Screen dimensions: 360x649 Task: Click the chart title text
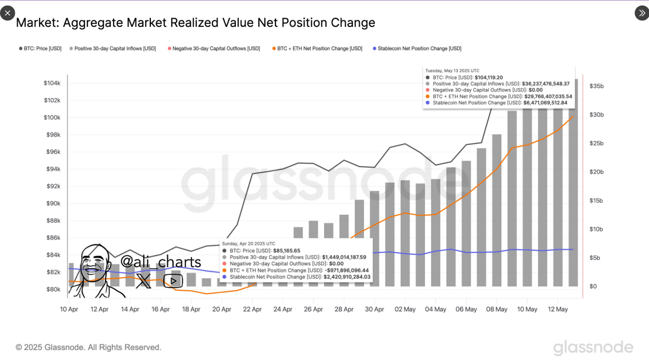pyautogui.click(x=195, y=23)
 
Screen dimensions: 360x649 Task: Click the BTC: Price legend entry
pyautogui.click(x=40, y=49)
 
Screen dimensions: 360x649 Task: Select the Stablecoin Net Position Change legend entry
pyautogui.click(x=417, y=49)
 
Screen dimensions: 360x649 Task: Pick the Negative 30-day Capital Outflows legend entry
pyautogui.click(x=214, y=49)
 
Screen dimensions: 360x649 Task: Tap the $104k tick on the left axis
pyautogui.click(x=52, y=83)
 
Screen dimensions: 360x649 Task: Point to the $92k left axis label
pyautogui.click(x=53, y=186)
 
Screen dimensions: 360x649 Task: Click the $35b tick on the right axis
pyautogui.click(x=596, y=86)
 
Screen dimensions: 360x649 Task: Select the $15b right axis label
pyautogui.click(x=596, y=200)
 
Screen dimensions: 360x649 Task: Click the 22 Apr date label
pyautogui.click(x=252, y=309)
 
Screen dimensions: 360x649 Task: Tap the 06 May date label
pyautogui.click(x=466, y=309)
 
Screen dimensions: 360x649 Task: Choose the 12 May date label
pyautogui.click(x=558, y=309)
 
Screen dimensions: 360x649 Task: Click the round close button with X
pyautogui.click(x=8, y=13)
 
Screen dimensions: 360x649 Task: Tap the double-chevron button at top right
pyautogui.click(x=641, y=13)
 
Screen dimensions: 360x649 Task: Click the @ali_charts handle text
pyautogui.click(x=161, y=262)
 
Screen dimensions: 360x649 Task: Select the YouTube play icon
pyautogui.click(x=173, y=281)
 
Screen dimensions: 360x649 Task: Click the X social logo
pyautogui.click(x=143, y=281)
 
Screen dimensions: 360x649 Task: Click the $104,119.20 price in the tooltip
pyautogui.click(x=488, y=78)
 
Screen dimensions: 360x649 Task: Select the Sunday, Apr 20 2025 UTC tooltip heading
pyautogui.click(x=248, y=244)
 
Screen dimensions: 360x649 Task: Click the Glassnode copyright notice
pyautogui.click(x=88, y=347)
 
